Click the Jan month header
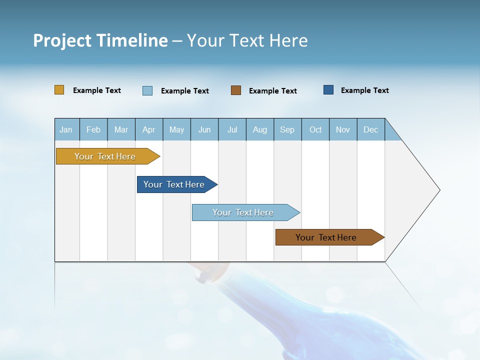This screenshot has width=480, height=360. point(66,129)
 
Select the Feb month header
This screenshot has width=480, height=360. point(93,129)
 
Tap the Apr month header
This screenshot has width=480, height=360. point(149,129)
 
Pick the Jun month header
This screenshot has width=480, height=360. point(204,129)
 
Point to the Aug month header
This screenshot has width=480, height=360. point(260,129)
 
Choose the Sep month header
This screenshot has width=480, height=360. point(287,129)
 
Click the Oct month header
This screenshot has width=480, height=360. point(315,129)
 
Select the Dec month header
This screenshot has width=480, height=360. point(371,129)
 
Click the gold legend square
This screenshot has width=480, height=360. point(59,90)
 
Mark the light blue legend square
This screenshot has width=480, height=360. point(147,90)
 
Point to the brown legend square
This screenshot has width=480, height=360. point(236,90)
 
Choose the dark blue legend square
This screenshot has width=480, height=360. point(328,90)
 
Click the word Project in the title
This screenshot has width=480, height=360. point(62,40)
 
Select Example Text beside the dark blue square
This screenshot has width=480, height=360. point(364,90)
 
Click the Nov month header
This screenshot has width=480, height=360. point(343,129)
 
